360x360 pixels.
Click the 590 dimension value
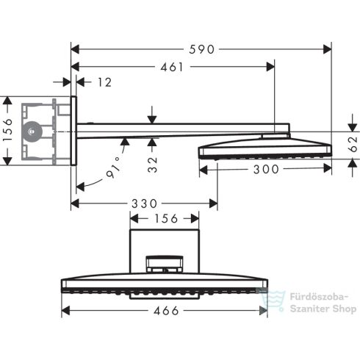(200, 50)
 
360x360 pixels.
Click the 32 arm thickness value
(152, 163)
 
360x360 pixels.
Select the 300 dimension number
(264, 170)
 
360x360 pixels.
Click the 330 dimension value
(145, 203)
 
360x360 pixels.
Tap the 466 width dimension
(165, 310)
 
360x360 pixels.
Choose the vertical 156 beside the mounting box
(7, 130)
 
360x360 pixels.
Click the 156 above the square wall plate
(165, 218)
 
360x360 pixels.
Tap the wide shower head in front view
(165, 287)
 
